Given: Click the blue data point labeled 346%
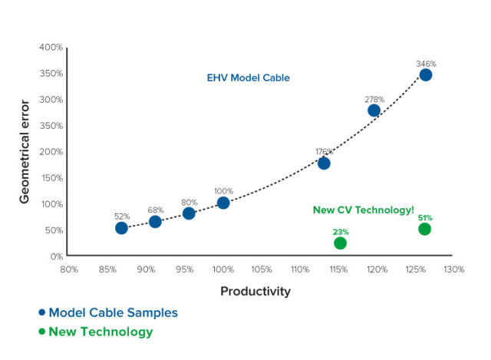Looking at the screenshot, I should click(425, 74).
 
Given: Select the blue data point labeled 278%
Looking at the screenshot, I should click(374, 111).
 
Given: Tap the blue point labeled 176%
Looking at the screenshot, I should click(324, 163).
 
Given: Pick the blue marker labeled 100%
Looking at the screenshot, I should click(223, 203).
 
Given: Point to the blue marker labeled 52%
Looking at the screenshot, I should click(121, 228).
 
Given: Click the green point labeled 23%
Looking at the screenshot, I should click(341, 243).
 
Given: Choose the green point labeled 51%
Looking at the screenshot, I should click(424, 230).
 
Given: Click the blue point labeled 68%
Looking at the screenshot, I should click(155, 222).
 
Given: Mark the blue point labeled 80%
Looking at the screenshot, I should click(189, 213).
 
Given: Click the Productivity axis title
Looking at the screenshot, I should click(255, 292).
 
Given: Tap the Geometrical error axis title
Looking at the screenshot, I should click(25, 152).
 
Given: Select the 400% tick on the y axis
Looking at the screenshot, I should click(51, 48).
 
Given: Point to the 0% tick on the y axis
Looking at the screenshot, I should click(56, 256).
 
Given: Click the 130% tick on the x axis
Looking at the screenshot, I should click(453, 269).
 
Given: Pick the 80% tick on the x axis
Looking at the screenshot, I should click(69, 269).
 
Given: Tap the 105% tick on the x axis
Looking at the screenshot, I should click(262, 269).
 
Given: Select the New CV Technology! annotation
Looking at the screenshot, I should click(363, 210).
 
